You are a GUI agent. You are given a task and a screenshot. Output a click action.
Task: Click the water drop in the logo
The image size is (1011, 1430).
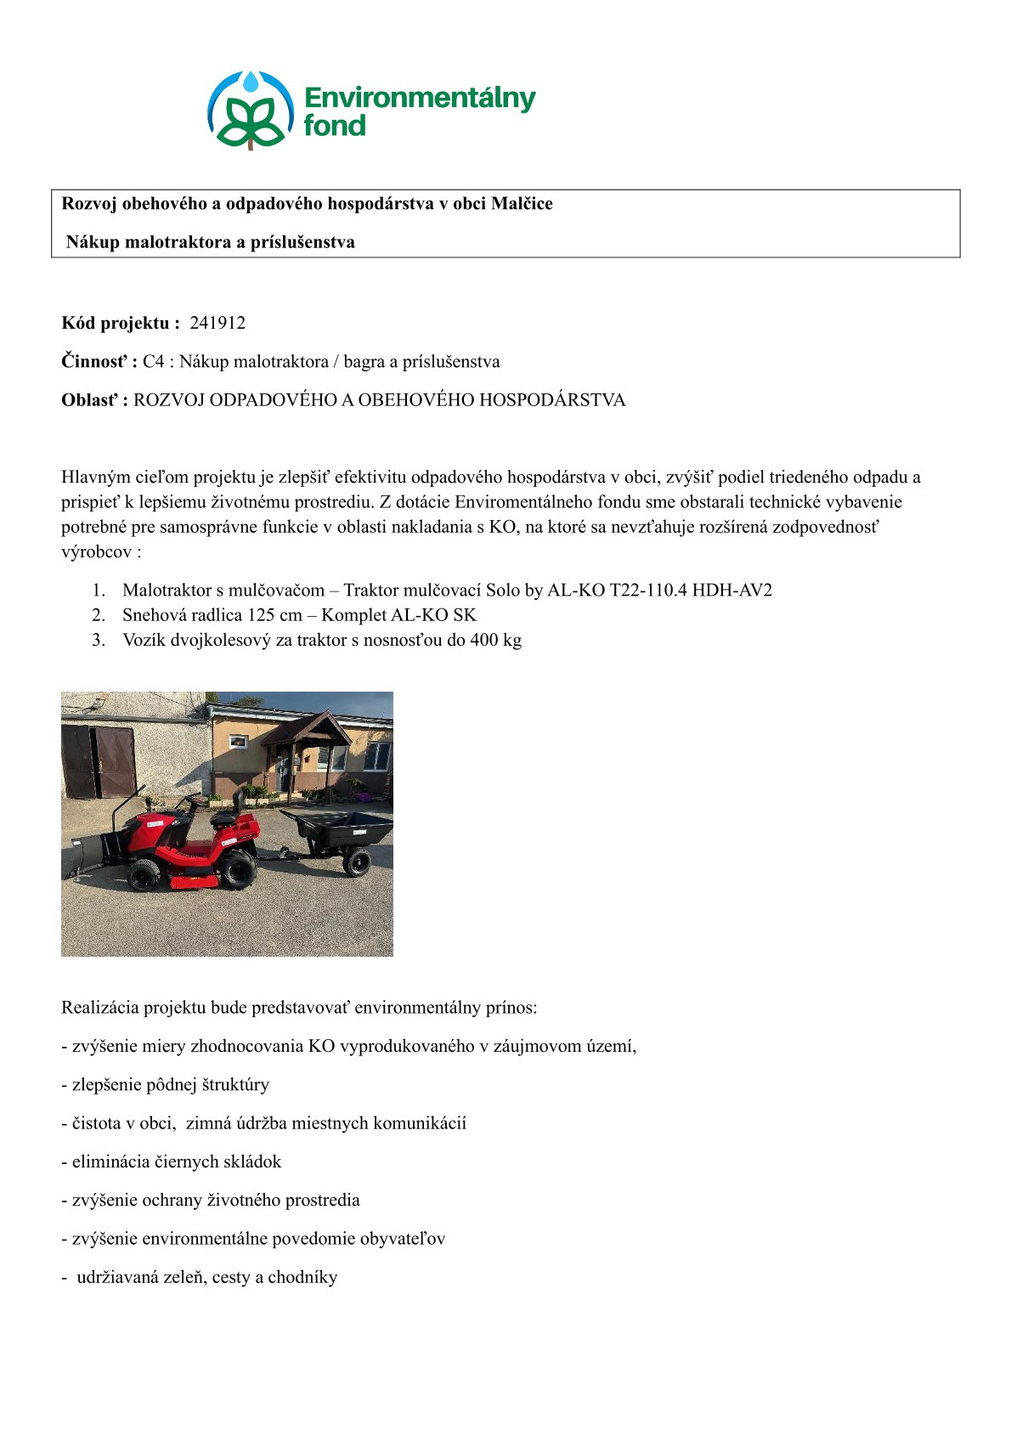click(x=251, y=82)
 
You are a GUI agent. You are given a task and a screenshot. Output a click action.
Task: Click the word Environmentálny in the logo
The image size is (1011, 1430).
click(x=420, y=99)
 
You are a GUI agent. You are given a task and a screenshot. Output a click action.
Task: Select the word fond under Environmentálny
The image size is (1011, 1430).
click(x=335, y=126)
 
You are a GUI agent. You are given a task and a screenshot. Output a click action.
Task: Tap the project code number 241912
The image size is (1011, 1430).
click(x=217, y=323)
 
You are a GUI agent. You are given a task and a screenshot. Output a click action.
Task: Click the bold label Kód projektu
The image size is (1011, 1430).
click(x=120, y=323)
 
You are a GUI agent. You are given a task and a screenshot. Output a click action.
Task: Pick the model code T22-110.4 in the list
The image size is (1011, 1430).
click(x=656, y=590)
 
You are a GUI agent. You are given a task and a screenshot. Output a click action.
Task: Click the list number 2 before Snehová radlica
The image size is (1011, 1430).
click(x=99, y=614)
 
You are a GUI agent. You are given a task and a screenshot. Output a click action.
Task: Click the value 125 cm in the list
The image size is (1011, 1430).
click(x=274, y=614)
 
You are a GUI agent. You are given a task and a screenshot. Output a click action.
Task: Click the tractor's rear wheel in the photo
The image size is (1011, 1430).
click(x=238, y=868)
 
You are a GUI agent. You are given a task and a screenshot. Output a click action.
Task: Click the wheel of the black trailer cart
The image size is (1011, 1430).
click(x=357, y=862)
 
